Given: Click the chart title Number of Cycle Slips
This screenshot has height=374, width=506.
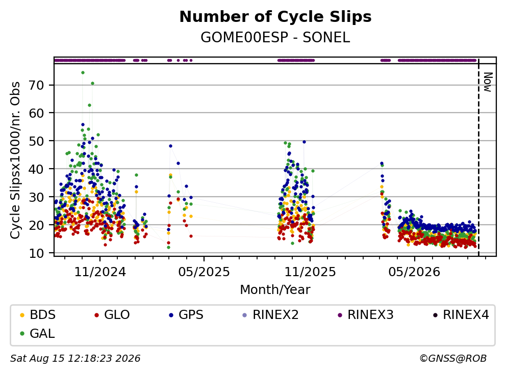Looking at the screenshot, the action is pos(275,17).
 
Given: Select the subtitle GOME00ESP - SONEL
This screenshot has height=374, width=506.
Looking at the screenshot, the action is pos(275,37).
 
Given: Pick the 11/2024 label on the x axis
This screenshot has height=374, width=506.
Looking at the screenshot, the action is pos(100,272).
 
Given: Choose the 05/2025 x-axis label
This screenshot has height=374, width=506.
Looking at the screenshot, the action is pos(204,272).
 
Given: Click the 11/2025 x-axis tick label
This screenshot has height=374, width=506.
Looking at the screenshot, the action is pos(310,272).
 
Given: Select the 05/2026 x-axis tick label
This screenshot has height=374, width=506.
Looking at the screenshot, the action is pos(414,272).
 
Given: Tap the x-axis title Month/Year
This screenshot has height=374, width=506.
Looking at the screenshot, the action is pos(275,290).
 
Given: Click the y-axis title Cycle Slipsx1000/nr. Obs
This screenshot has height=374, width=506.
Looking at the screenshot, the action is pos(15,160).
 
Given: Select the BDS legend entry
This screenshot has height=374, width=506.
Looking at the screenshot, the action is pos(38,315).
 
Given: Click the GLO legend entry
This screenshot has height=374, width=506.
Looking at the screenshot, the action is pos(112,315).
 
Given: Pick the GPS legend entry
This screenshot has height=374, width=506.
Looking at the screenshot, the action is pos(187,315).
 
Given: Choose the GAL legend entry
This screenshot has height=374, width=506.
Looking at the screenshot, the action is pos(37,333).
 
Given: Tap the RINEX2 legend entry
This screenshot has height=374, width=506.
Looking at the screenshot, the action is pos(270,315).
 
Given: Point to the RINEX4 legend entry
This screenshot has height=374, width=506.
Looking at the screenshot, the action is pos(461,315).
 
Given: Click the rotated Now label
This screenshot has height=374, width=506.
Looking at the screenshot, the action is pos(488,82).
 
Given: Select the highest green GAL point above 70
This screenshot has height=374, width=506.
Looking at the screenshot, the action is pos(83,72).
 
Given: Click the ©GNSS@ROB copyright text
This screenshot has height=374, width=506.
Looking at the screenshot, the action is pos(453,358).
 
